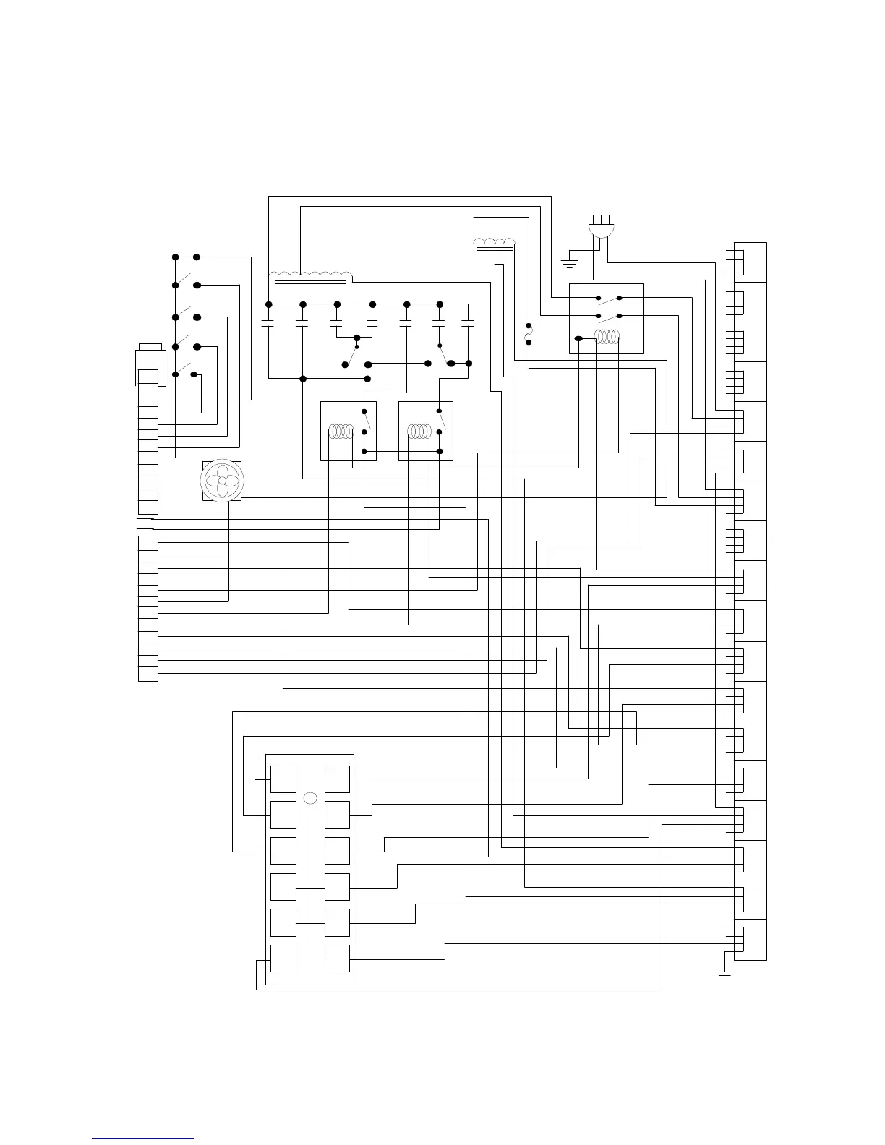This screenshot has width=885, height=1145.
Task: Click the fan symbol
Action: (x=222, y=480)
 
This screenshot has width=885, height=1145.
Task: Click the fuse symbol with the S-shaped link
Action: (x=528, y=334)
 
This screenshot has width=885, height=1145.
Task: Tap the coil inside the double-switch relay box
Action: (x=607, y=338)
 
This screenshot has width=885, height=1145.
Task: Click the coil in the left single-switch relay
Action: (x=339, y=432)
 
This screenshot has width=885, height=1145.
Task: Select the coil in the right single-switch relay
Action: (x=419, y=432)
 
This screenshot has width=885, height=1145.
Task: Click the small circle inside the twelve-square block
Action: (x=311, y=798)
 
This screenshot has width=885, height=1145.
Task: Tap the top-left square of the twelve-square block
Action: (x=283, y=779)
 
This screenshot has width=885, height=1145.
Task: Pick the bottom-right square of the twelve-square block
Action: (x=338, y=959)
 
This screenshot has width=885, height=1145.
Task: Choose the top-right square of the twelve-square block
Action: (x=338, y=779)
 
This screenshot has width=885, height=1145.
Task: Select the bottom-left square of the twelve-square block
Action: (x=283, y=959)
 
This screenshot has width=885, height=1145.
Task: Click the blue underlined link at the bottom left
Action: (x=143, y=1138)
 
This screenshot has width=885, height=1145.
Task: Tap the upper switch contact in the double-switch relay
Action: (x=609, y=298)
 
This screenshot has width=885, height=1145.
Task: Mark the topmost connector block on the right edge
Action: (x=749, y=262)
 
